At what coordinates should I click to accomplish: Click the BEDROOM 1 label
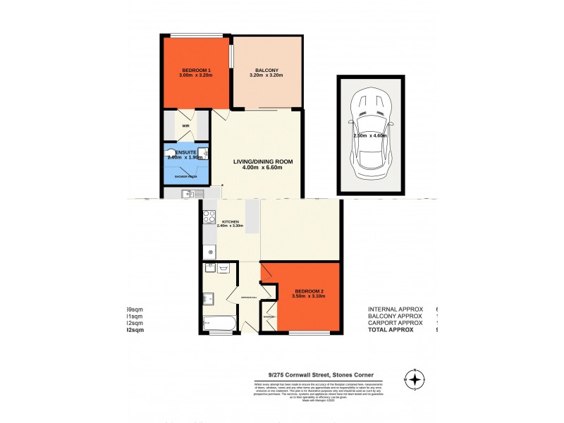pyautogui.click(x=197, y=70)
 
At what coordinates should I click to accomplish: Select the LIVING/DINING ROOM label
pyautogui.click(x=263, y=161)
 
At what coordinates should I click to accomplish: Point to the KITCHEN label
pyautogui.click(x=229, y=221)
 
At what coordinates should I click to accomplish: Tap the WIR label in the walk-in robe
pyautogui.click(x=185, y=125)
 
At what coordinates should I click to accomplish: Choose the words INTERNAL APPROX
pyautogui.click(x=396, y=309)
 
